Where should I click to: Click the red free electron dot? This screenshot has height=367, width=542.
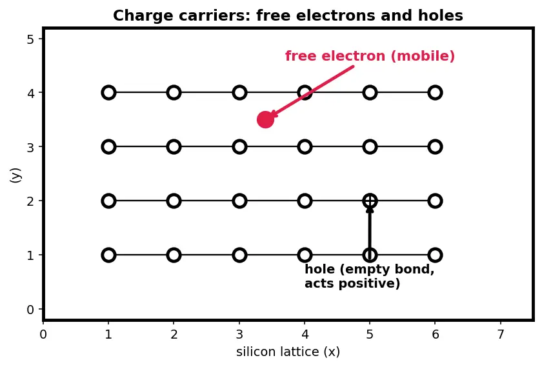click(x=265, y=119)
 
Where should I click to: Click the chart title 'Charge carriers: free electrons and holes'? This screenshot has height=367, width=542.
click(x=288, y=15)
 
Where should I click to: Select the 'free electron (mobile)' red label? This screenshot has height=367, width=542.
click(x=370, y=56)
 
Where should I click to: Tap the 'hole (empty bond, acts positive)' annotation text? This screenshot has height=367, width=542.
click(x=370, y=276)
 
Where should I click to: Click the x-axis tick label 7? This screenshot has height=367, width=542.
click(x=500, y=335)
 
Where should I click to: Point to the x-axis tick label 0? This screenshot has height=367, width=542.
click(x=43, y=335)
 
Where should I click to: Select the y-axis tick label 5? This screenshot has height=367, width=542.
click(x=30, y=39)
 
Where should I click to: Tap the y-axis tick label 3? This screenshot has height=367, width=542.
click(x=30, y=147)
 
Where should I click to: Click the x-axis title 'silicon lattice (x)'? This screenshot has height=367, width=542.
click(x=288, y=352)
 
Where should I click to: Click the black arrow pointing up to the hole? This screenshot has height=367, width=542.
click(x=370, y=230)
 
